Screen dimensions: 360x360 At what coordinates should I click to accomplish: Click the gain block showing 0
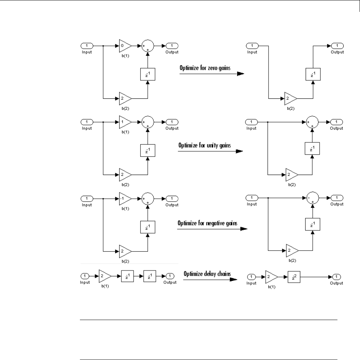[x=125, y=46]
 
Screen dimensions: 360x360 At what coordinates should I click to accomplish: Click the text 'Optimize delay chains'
[x=207, y=274]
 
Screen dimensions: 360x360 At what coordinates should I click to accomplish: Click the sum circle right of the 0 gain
[x=148, y=46]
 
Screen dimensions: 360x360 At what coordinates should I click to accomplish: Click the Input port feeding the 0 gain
[x=87, y=46]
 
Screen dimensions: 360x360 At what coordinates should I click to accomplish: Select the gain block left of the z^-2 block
[x=271, y=277]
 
